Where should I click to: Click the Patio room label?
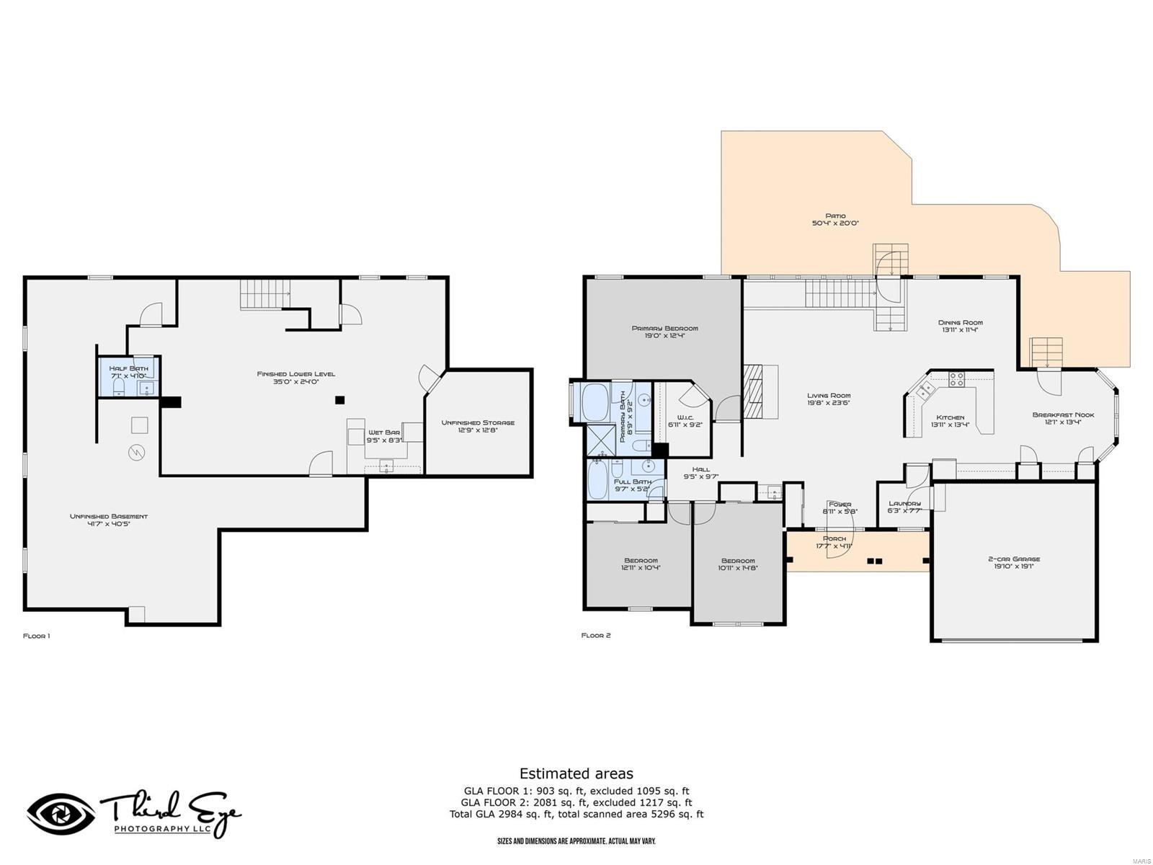(x=835, y=216)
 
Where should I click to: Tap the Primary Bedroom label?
(x=664, y=328)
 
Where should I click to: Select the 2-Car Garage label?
(x=1013, y=559)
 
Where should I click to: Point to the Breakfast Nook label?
(x=1063, y=414)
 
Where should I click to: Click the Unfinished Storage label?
(x=478, y=422)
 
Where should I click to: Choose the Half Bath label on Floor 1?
(x=128, y=368)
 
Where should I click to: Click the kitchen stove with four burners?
(x=956, y=379)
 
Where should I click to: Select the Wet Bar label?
(x=383, y=432)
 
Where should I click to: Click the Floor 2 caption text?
(x=596, y=636)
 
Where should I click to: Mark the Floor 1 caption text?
(x=37, y=636)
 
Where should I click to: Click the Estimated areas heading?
(x=576, y=773)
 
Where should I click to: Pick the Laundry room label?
(x=904, y=503)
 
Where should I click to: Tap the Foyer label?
(x=840, y=504)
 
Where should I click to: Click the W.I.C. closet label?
(x=685, y=417)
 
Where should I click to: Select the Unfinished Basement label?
(x=109, y=516)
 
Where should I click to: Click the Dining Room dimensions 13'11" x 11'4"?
(x=960, y=331)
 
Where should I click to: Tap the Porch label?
(x=834, y=538)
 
